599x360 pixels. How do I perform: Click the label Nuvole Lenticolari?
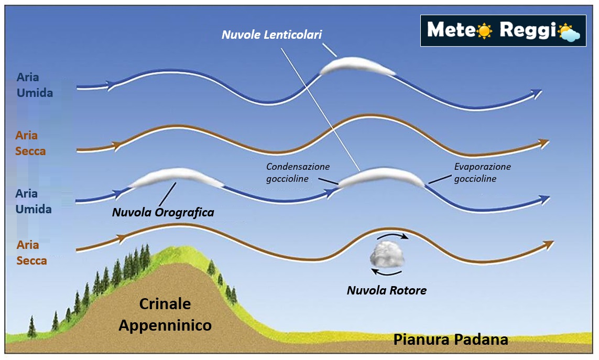click(271, 35)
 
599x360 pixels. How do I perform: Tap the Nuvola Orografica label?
click(163, 213)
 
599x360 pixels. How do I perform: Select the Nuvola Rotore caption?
click(386, 290)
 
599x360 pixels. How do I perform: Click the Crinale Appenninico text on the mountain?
click(165, 314)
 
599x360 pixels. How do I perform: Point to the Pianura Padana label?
click(451, 339)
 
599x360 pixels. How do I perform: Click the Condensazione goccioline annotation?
click(298, 172)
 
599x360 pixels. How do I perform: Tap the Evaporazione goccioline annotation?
click(482, 172)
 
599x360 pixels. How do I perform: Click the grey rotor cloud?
click(387, 253)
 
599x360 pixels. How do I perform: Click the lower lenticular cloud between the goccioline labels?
click(381, 178)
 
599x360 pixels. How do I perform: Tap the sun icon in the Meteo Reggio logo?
click(484, 31)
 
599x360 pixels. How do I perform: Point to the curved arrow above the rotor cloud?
click(396, 235)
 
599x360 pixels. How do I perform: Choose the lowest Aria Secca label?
click(31, 252)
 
